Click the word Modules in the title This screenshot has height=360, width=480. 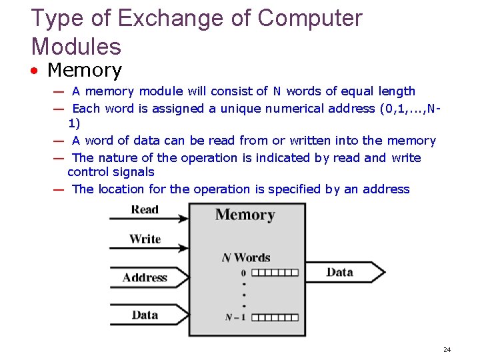click(x=76, y=47)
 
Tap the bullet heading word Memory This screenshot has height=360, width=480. click(x=85, y=70)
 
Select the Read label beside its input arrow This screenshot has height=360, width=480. click(x=145, y=209)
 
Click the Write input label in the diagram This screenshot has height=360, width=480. click(x=145, y=239)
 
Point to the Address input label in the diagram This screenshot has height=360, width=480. click(x=145, y=277)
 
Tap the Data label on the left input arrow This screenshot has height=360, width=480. click(x=145, y=314)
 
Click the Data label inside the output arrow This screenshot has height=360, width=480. click(x=339, y=272)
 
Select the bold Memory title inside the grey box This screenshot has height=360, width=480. click(x=245, y=215)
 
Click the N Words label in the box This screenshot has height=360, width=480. click(x=246, y=257)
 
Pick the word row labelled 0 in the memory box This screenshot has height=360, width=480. click(x=275, y=273)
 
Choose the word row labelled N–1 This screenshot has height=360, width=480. click(x=275, y=317)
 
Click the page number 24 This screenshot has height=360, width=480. click(x=447, y=349)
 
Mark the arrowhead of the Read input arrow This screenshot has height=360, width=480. click(x=183, y=217)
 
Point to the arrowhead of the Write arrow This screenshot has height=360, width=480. click(x=183, y=247)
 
